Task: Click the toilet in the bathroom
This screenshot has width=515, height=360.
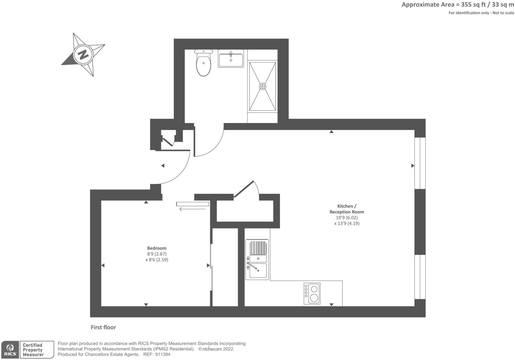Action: [203, 64]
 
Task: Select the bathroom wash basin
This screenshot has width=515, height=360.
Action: [230, 59]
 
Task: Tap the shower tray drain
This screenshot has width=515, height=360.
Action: [262, 86]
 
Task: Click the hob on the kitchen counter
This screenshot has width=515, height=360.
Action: [312, 294]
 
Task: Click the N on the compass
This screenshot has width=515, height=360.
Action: [83, 54]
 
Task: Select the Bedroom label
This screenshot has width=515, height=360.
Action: [157, 248]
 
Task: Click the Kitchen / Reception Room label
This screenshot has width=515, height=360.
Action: [347, 209]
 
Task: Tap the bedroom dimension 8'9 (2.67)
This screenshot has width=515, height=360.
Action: [157, 254]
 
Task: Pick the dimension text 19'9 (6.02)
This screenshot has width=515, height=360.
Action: [347, 218]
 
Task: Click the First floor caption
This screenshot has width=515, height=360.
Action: [103, 327]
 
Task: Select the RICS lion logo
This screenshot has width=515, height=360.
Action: [10, 350]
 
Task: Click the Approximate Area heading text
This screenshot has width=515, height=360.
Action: [458, 5]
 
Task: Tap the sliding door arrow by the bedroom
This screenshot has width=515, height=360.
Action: [192, 209]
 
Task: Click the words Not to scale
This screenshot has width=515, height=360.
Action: [503, 13]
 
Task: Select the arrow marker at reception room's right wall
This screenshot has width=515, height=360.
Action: [413, 166]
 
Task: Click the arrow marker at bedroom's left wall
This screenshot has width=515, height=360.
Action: [103, 265]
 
